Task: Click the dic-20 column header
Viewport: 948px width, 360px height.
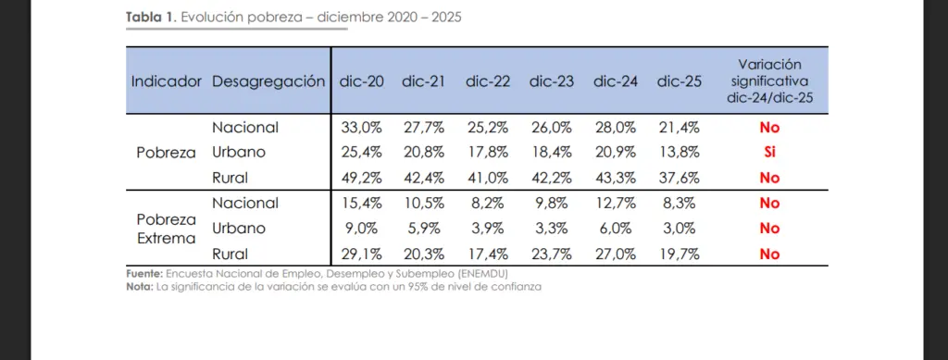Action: pyautogui.click(x=362, y=81)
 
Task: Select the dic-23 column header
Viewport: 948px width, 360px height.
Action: pyautogui.click(x=552, y=81)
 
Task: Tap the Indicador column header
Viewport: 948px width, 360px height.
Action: pyautogui.click(x=167, y=81)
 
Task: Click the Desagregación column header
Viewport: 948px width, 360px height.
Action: pyautogui.click(x=268, y=82)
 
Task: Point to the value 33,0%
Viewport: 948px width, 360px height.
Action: pyautogui.click(x=362, y=128)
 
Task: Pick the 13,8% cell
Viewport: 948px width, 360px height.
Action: pyautogui.click(x=679, y=152)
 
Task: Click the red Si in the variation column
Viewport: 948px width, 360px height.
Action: pyautogui.click(x=769, y=152)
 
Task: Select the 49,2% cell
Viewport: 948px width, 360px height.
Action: pyautogui.click(x=362, y=178)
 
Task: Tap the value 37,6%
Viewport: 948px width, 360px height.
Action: pyautogui.click(x=679, y=178)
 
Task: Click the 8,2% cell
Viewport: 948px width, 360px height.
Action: pyautogui.click(x=488, y=203)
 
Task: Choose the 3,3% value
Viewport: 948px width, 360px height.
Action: pyautogui.click(x=552, y=229)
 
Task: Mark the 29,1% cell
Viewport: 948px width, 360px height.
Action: pyautogui.click(x=362, y=254)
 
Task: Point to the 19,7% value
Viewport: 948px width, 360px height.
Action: pyautogui.click(x=679, y=254)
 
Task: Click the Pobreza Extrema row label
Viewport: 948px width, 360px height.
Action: pyautogui.click(x=167, y=229)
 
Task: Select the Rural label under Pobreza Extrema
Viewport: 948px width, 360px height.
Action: pyautogui.click(x=230, y=254)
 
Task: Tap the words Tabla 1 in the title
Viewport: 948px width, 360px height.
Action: pyautogui.click(x=149, y=17)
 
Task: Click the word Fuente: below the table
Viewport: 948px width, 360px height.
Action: pyautogui.click(x=144, y=274)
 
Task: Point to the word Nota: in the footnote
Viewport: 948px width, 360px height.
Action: pyautogui.click(x=140, y=287)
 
